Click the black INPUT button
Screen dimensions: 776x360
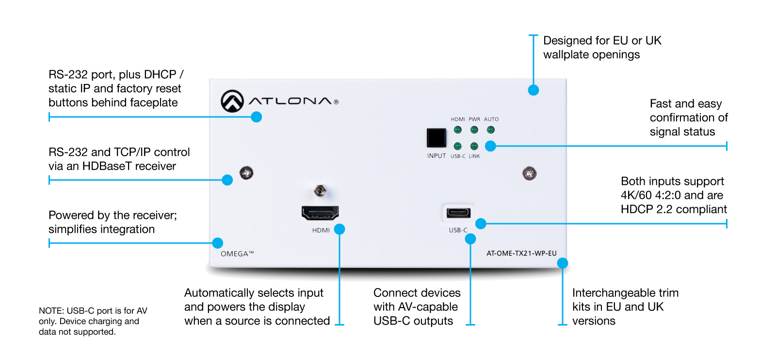tap(436, 138)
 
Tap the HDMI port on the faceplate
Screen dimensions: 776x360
tap(320, 213)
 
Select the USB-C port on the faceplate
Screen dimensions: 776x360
tap(458, 213)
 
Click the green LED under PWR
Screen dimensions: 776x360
tap(474, 130)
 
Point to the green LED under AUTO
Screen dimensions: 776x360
tap(490, 130)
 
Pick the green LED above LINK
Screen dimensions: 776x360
tap(474, 146)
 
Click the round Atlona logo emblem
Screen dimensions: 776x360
tap(232, 101)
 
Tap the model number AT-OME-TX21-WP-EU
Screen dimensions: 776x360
tap(521, 253)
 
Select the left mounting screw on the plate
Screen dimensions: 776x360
tap(247, 173)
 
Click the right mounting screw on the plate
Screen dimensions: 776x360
tap(529, 174)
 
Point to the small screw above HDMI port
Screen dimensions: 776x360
tap(320, 191)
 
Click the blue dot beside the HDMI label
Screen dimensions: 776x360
tap(339, 229)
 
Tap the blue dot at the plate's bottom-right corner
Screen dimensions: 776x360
tap(563, 263)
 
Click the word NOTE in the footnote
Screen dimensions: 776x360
tap(51, 311)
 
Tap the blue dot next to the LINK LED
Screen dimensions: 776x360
tap(490, 146)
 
